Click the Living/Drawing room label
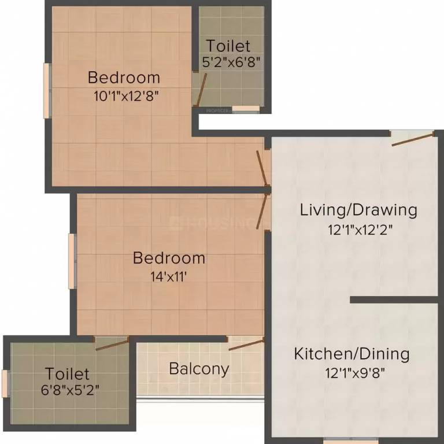(x=358, y=209)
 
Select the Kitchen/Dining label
(x=351, y=353)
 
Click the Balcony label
(x=199, y=368)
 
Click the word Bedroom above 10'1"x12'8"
(x=124, y=77)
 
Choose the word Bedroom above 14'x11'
(x=169, y=257)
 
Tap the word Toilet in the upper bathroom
(x=228, y=46)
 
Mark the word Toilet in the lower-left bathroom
(x=68, y=373)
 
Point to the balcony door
(x=246, y=345)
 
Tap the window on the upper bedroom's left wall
(x=47, y=91)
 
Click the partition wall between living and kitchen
(x=394, y=299)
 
